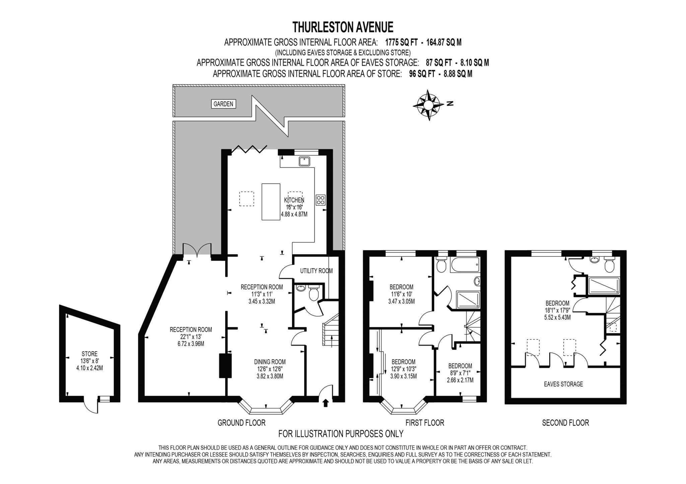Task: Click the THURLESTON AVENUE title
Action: click(343, 26)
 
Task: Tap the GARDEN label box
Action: click(223, 104)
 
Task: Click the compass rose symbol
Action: click(428, 105)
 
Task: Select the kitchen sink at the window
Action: click(304, 161)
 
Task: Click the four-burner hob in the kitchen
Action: click(321, 200)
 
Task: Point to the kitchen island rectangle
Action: click(271, 201)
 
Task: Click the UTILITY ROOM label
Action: click(316, 271)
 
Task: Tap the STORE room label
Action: click(89, 354)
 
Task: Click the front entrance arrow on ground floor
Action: click(325, 403)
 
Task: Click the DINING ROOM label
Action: click(270, 362)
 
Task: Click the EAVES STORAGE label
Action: click(563, 384)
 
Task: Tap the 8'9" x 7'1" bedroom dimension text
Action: click(460, 373)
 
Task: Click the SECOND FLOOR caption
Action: click(565, 423)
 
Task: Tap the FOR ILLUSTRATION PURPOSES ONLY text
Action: click(341, 434)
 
